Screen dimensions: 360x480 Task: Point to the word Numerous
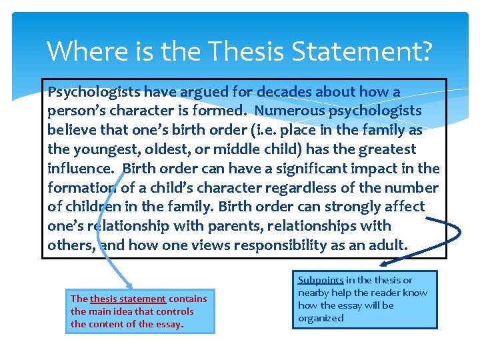coord(288,111)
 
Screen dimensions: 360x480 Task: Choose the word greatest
coord(383,149)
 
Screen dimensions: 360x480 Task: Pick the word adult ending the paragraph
coord(385,245)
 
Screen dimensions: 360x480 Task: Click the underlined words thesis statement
coord(127,299)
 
